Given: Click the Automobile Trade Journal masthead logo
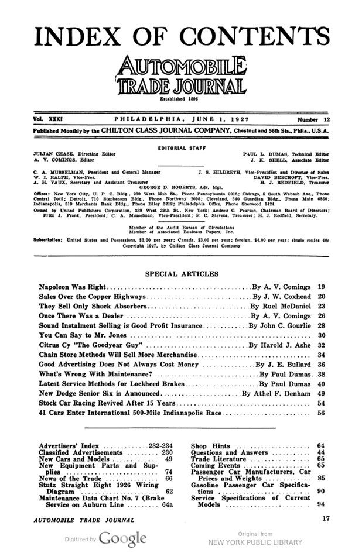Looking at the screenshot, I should pos(181,76).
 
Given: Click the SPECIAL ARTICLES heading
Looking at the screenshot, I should pos(181,273).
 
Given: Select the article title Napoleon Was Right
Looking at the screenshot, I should pos(72,288).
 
